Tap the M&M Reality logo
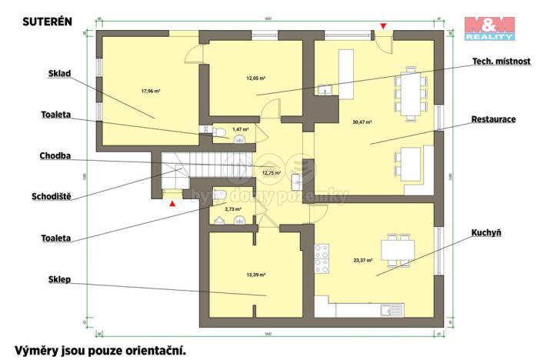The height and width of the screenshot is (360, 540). (x=488, y=28)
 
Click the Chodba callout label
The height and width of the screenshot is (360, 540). (x=55, y=156)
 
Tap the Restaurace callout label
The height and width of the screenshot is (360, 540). (x=493, y=120)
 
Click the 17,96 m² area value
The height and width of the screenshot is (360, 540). (x=150, y=91)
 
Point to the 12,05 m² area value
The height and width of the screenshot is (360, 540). (x=255, y=78)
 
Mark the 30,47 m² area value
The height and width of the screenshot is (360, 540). (x=362, y=122)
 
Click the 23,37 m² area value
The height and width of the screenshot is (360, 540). (x=362, y=260)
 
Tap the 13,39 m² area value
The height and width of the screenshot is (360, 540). (x=255, y=274)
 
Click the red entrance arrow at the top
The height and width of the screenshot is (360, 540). (x=383, y=27)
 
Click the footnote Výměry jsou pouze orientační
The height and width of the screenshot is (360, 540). (x=99, y=349)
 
